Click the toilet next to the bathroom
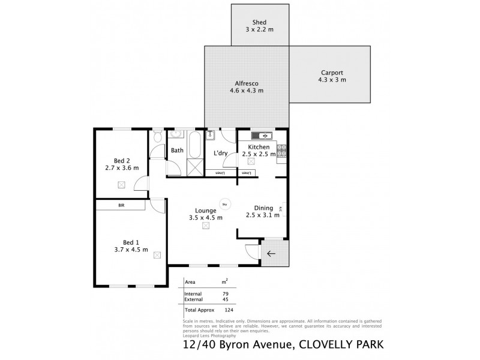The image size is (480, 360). [157, 137]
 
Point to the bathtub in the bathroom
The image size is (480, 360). [194, 144]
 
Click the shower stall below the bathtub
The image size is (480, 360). [194, 167]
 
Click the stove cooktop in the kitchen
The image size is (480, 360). [281, 150]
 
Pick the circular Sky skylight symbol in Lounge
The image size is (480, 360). [224, 203]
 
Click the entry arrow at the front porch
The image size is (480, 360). [271, 253]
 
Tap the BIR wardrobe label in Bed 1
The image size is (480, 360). [121, 205]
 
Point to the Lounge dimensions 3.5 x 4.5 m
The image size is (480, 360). [205, 218]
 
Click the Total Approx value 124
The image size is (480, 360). [228, 310]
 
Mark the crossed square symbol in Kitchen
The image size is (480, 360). [251, 161]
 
